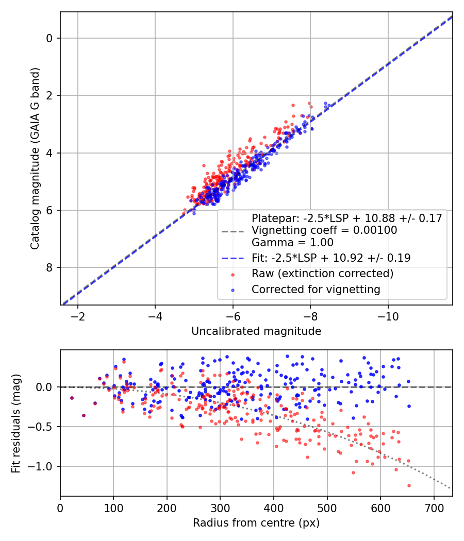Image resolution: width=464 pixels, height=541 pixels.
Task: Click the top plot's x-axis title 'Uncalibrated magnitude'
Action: pyautogui.click(x=256, y=331)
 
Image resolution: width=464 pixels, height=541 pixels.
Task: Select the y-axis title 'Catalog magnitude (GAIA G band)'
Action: pyautogui.click(x=35, y=158)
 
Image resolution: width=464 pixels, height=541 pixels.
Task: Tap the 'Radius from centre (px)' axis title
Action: pyautogui.click(x=256, y=523)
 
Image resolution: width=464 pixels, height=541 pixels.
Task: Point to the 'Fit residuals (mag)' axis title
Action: pyautogui.click(x=17, y=423)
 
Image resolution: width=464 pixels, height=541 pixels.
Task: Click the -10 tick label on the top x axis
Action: pyautogui.click(x=388, y=316)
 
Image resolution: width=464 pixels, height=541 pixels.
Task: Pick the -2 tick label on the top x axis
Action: pyautogui.click(x=78, y=316)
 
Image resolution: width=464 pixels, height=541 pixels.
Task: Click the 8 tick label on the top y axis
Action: pyautogui.click(x=49, y=267)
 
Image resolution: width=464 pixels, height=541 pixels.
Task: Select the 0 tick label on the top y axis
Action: pyautogui.click(x=49, y=38)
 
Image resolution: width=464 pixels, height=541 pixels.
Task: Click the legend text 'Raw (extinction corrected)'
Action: pyautogui.click(x=322, y=274)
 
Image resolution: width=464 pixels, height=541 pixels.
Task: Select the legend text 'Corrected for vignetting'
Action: pyautogui.click(x=316, y=290)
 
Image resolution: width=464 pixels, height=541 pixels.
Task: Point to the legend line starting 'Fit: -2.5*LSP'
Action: pyautogui.click(x=331, y=258)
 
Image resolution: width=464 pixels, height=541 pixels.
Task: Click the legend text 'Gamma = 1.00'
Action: pyautogui.click(x=292, y=242)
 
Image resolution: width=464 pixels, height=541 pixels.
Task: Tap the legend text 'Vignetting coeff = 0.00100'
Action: pyautogui.click(x=324, y=230)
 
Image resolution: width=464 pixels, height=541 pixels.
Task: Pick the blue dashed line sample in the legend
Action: pyautogui.click(x=233, y=258)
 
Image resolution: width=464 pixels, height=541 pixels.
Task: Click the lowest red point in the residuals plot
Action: pyautogui.click(x=409, y=485)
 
